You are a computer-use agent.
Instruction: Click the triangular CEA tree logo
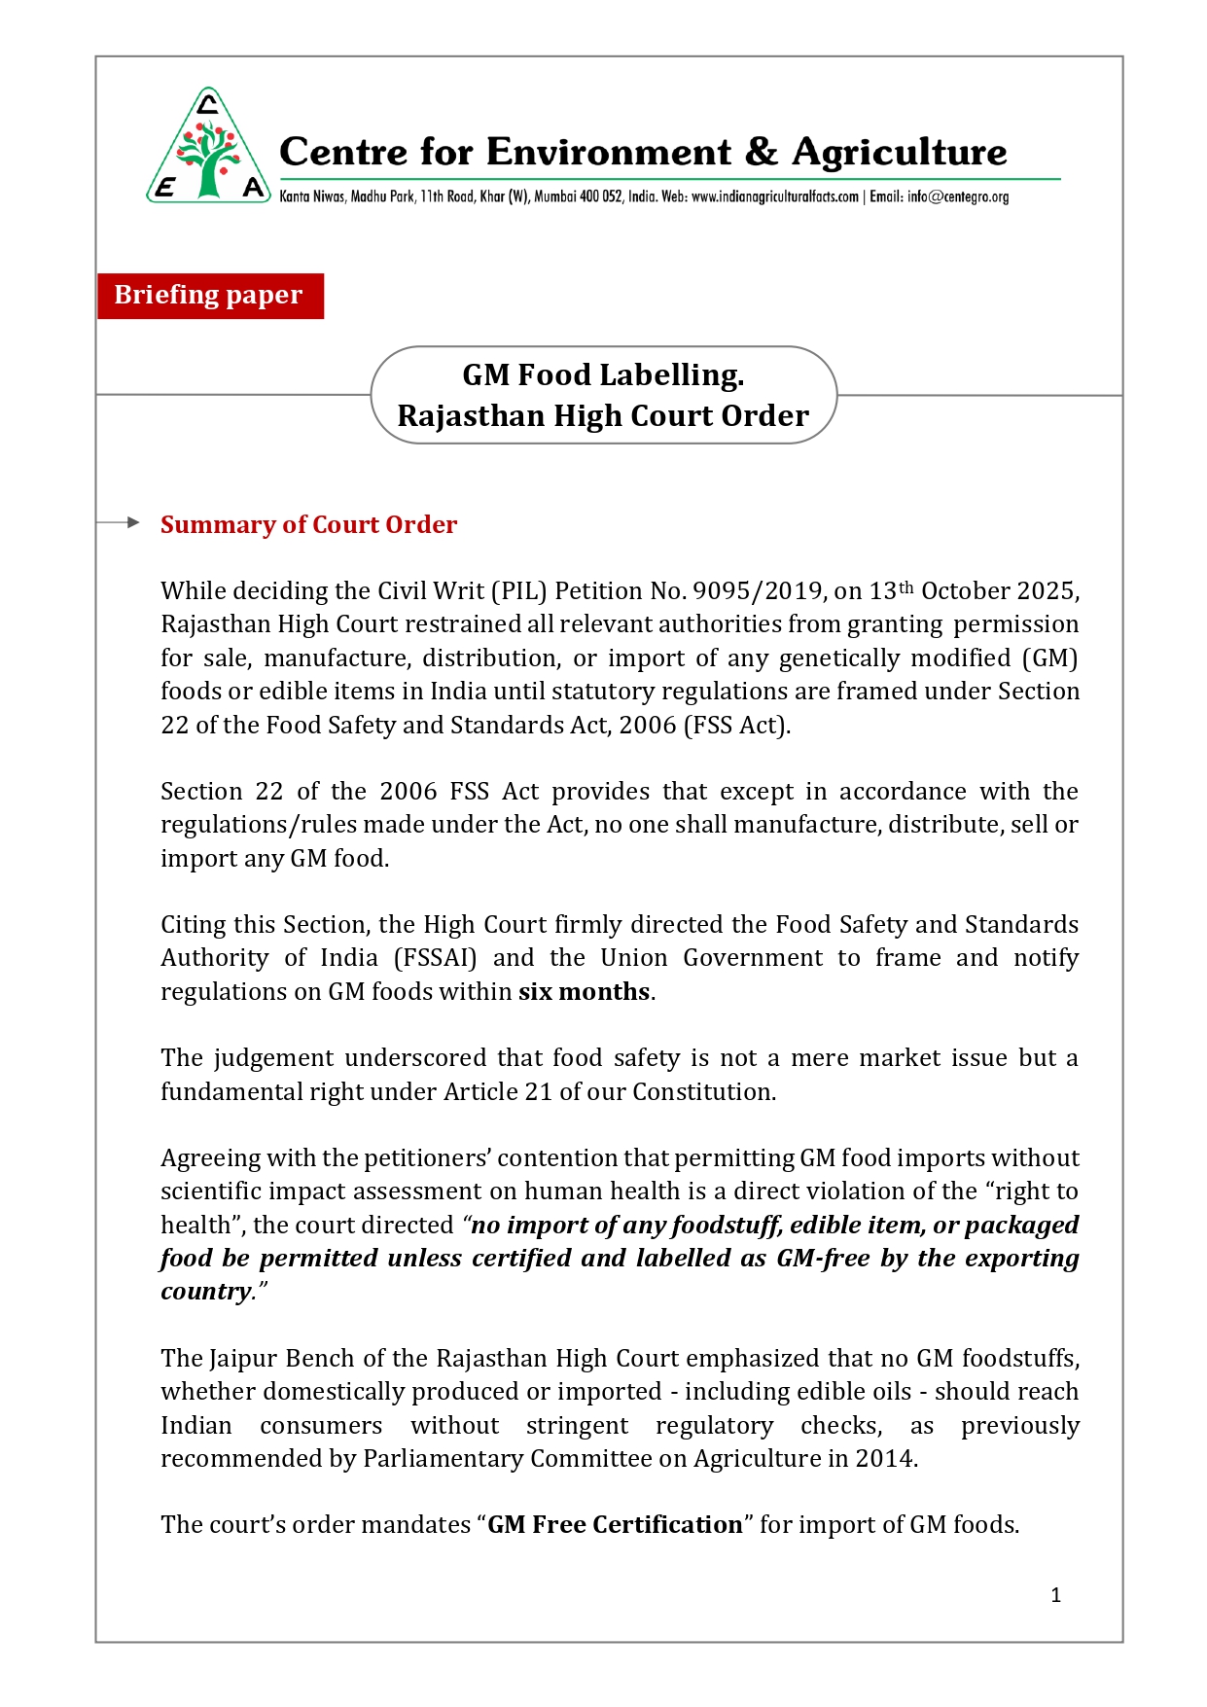tap(208, 149)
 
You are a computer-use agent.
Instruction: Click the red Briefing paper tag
tap(209, 295)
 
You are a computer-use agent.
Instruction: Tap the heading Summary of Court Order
tap(308, 524)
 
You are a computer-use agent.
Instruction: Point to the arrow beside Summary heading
tap(121, 522)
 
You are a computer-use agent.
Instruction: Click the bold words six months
tap(584, 991)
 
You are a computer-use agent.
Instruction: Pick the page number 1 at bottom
tap(1055, 1595)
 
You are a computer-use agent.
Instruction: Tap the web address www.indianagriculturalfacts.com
tap(774, 196)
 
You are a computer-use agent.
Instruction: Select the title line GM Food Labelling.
tap(603, 374)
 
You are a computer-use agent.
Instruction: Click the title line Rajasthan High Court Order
tap(603, 415)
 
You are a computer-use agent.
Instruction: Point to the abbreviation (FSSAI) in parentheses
tap(435, 958)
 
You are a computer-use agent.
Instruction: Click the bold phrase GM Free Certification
tap(615, 1524)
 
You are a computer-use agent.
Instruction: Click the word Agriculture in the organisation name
tap(899, 153)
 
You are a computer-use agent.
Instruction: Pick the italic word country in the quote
tap(205, 1292)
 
